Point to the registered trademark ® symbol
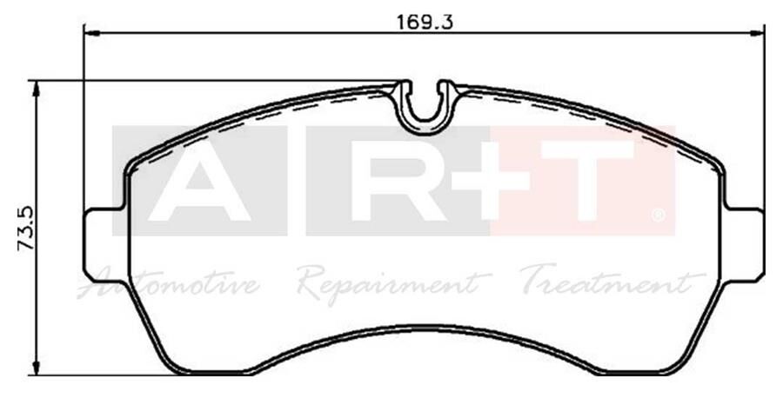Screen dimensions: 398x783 tap(659, 214)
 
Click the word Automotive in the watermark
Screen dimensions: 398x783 tap(171, 282)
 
